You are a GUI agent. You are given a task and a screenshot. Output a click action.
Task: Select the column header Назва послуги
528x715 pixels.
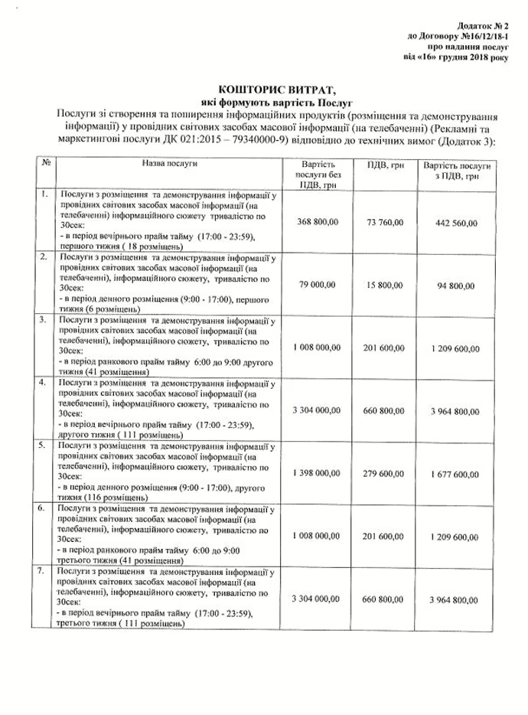tap(169, 164)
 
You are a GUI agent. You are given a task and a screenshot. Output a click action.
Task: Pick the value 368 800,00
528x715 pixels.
tap(316, 222)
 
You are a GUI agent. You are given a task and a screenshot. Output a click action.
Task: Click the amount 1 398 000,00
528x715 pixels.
tap(316, 473)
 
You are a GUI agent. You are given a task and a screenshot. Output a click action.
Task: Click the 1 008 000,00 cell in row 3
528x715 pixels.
tap(316, 348)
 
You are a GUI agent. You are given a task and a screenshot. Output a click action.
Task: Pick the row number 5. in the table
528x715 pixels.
tap(45, 445)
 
